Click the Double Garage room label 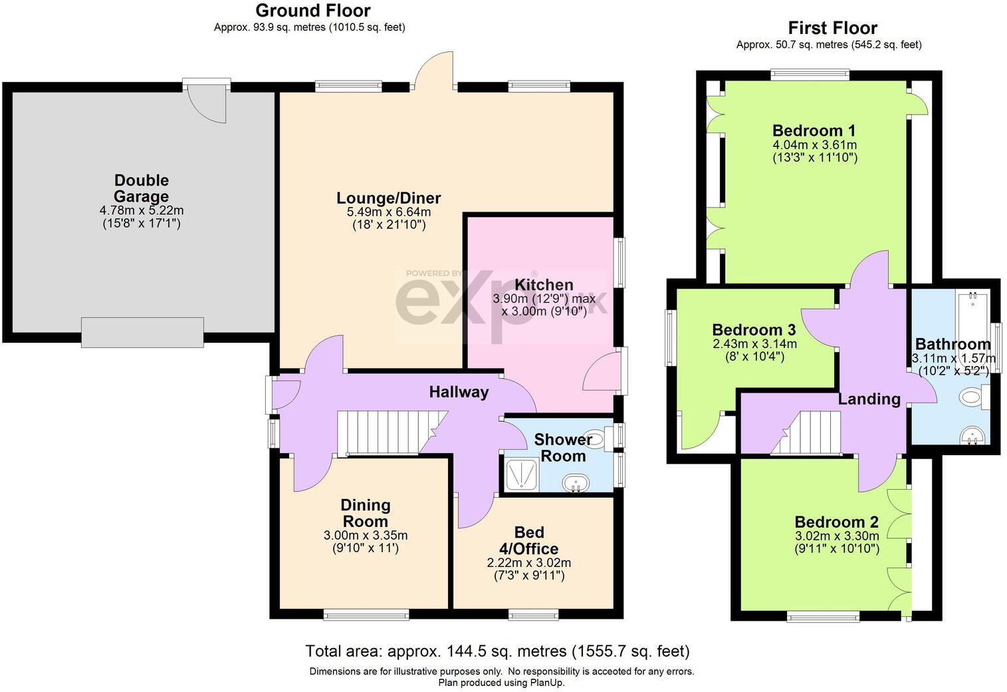click(141, 188)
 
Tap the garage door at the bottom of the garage click(142, 332)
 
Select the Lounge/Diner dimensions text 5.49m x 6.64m click(389, 212)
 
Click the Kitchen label click(544, 285)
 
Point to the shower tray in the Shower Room click(521, 474)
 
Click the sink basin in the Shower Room click(576, 482)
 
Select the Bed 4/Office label click(529, 540)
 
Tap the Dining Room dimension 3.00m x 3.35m click(366, 536)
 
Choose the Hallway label click(459, 392)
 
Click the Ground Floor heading click(313, 11)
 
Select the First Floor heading click(832, 28)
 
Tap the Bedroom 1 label click(814, 130)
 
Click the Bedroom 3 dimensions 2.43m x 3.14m click(754, 344)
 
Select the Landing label click(869, 399)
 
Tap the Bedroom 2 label click(836, 522)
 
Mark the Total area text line click(497, 651)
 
